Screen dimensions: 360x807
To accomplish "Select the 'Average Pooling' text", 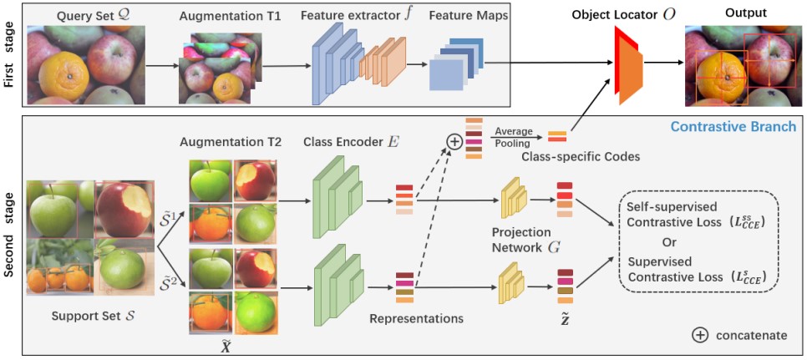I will [x=514, y=136].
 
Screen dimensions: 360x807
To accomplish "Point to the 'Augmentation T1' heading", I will [x=221, y=15].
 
